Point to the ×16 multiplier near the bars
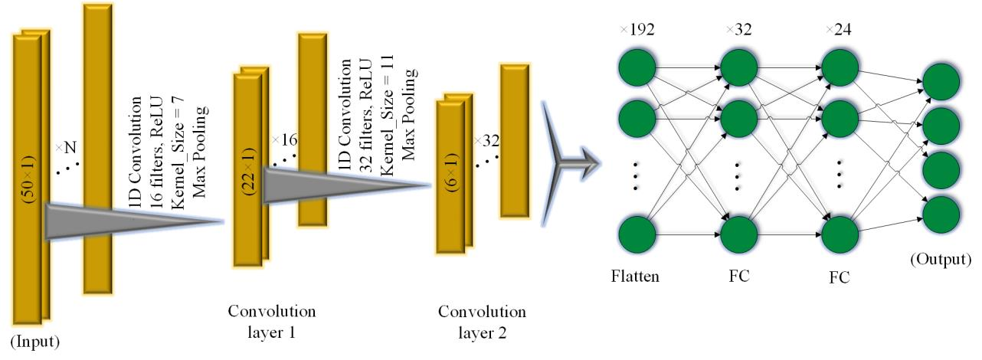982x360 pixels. coord(283,140)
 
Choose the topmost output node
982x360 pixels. coord(942,81)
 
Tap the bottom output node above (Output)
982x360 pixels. coord(942,214)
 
